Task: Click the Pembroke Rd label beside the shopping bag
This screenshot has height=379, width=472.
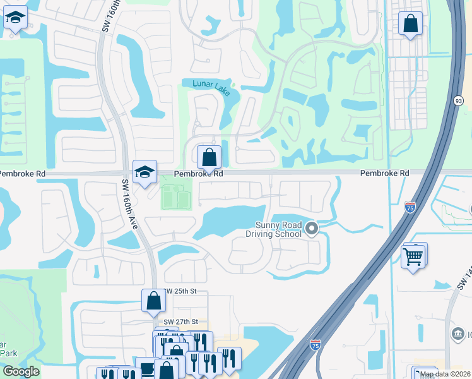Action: pyautogui.click(x=200, y=173)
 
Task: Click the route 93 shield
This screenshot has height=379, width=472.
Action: pyautogui.click(x=459, y=100)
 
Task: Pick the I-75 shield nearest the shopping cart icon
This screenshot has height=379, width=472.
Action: pyautogui.click(x=410, y=207)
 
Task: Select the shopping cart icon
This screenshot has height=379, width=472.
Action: pyautogui.click(x=413, y=256)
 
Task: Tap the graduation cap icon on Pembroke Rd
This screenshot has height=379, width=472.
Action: pyautogui.click(x=145, y=171)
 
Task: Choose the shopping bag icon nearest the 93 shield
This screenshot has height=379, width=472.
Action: pyautogui.click(x=410, y=24)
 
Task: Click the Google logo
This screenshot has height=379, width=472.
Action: pyautogui.click(x=21, y=372)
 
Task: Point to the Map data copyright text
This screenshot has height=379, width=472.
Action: pyautogui.click(x=444, y=374)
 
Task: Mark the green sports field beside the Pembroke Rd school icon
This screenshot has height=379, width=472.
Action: pyautogui.click(x=176, y=196)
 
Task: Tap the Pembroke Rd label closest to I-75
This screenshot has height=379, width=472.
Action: pyautogui.click(x=384, y=173)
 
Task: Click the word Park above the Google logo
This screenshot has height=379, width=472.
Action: pyautogui.click(x=8, y=354)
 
